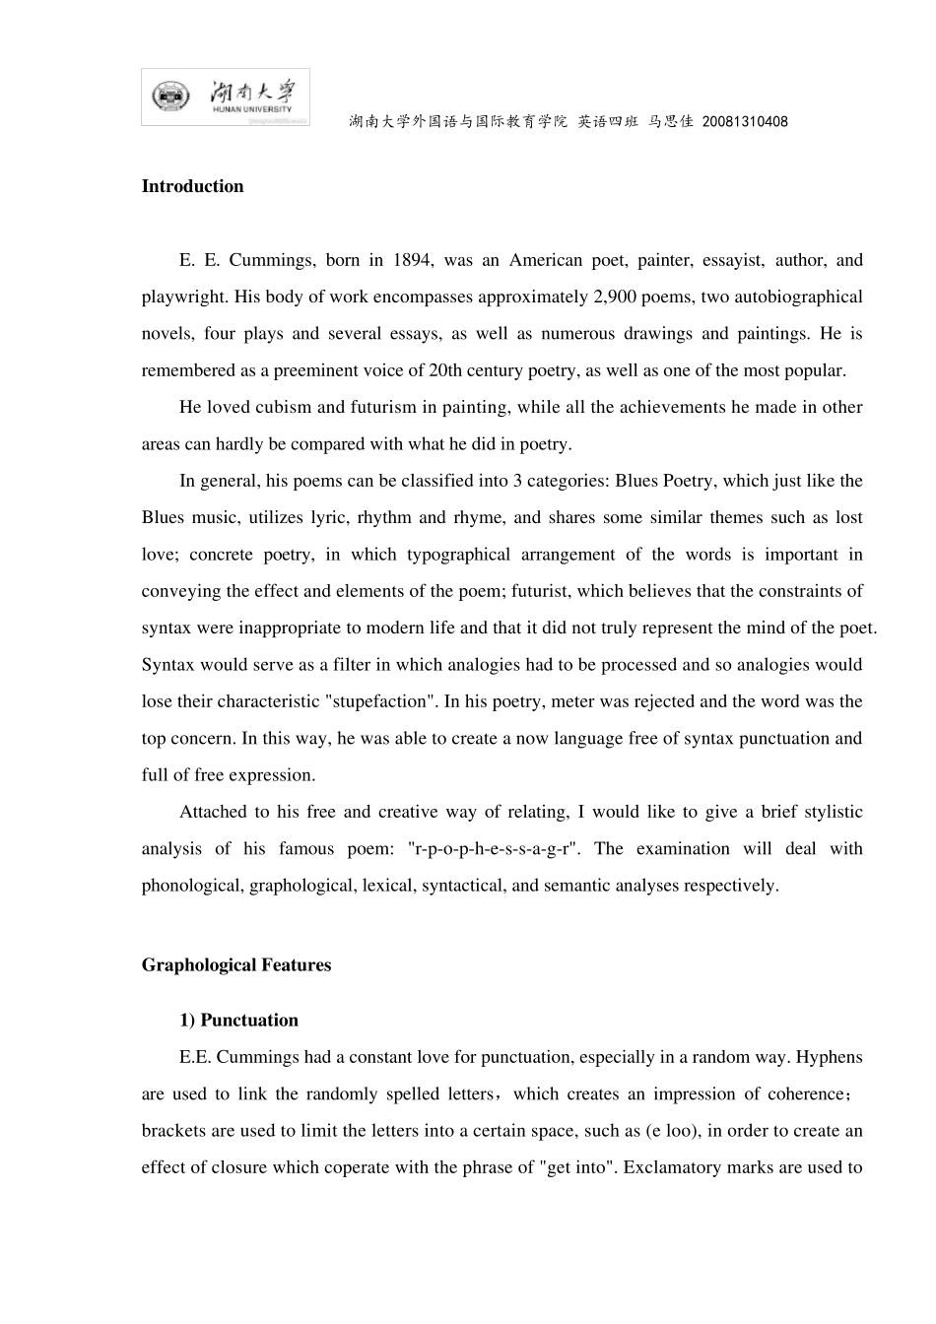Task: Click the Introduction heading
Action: pos(192,187)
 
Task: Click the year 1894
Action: pos(412,260)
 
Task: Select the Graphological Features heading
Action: pos(235,965)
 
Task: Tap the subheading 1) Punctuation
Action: pos(238,1021)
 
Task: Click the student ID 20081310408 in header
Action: pos(745,122)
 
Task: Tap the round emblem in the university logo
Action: pos(169,97)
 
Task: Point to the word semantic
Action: pos(576,885)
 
